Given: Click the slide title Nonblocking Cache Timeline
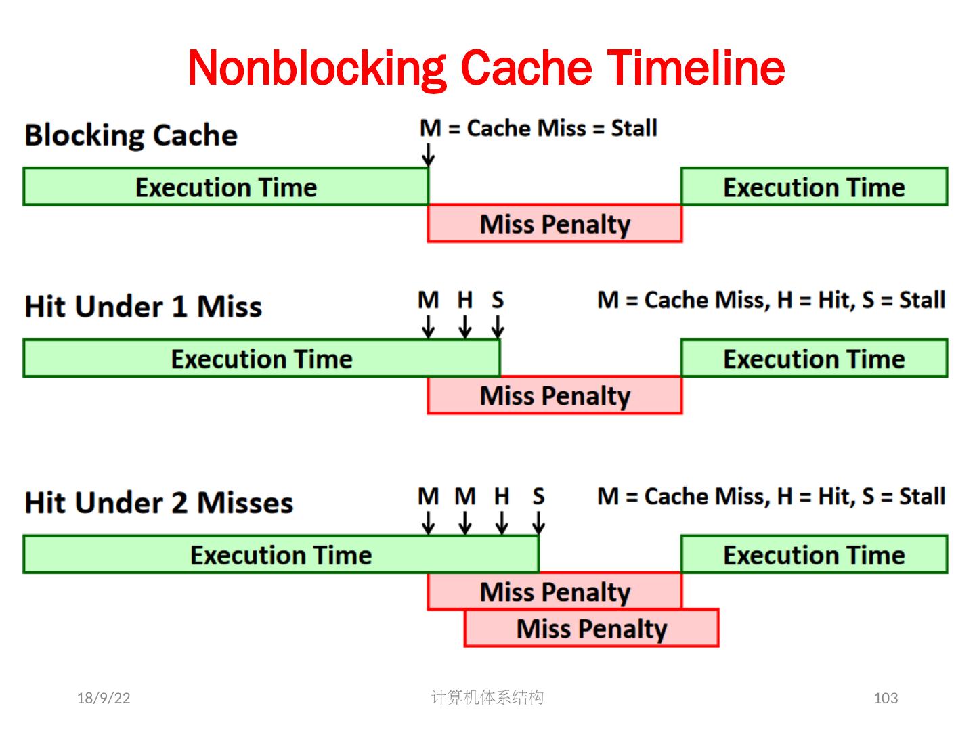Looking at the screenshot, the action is [x=486, y=68].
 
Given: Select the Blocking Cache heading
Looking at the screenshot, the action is [x=131, y=135].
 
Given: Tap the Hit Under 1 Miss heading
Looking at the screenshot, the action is [x=143, y=307].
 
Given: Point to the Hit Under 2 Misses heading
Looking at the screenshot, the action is [x=158, y=503].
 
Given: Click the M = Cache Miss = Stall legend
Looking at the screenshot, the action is [x=538, y=128].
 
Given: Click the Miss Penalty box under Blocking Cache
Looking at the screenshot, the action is [x=555, y=223].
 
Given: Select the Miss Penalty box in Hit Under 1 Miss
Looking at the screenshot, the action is [x=555, y=395].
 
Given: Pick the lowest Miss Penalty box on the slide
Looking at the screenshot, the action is [x=591, y=628].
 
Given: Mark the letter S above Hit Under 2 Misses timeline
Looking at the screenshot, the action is [x=538, y=497].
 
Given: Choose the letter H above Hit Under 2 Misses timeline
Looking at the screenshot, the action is [x=501, y=497].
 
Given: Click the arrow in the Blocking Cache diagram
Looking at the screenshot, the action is [x=428, y=155].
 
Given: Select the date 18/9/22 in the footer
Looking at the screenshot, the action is [x=104, y=698].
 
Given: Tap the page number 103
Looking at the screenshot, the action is [x=886, y=698].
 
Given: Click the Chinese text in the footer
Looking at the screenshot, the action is [x=487, y=697].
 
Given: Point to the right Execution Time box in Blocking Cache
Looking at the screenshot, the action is [x=814, y=187].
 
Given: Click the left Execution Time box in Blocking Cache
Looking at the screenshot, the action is [x=225, y=187].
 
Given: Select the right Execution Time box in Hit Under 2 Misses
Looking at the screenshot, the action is [x=814, y=555].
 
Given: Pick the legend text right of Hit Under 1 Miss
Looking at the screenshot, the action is [x=771, y=300].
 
